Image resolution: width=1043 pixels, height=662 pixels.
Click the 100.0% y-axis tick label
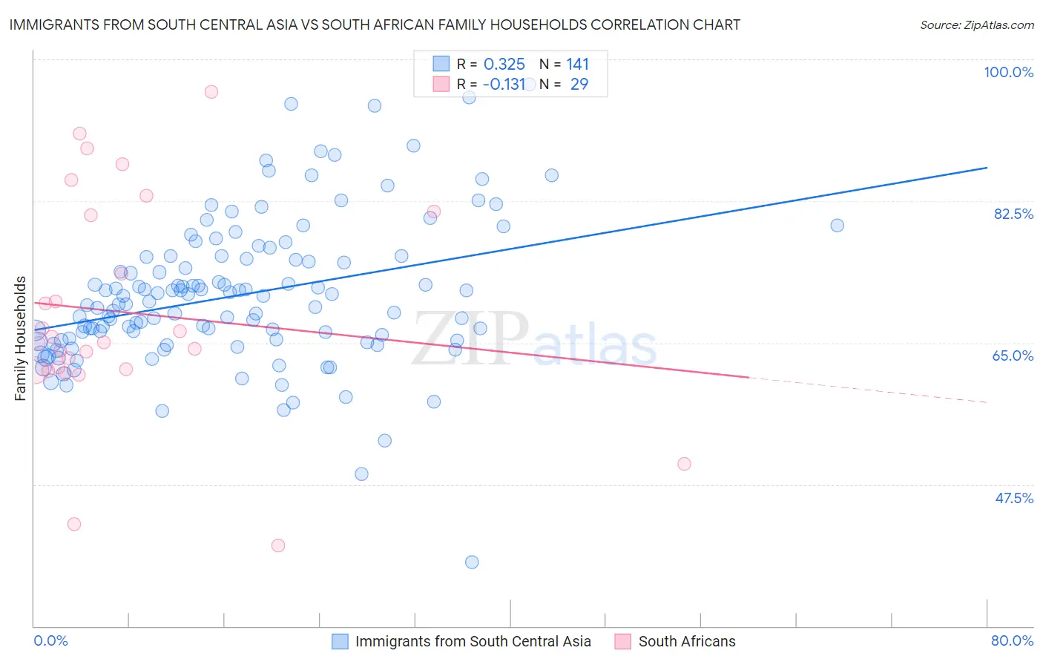[1008, 72]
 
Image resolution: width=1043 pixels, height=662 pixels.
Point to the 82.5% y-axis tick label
[1013, 214]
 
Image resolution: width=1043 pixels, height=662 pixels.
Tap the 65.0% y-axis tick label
[1013, 355]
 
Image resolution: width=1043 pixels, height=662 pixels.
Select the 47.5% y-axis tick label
[1014, 498]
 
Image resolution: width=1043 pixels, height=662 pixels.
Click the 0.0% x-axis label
[50, 640]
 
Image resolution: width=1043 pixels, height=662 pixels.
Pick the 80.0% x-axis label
[1012, 640]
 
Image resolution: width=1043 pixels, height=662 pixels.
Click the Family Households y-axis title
[21, 338]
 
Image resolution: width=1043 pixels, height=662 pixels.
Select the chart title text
[375, 24]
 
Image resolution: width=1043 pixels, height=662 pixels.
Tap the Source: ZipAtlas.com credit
[976, 25]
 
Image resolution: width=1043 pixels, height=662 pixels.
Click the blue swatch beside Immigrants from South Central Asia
[340, 641]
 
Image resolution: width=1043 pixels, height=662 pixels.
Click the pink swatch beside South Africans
[623, 641]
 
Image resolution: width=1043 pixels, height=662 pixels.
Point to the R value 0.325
[504, 65]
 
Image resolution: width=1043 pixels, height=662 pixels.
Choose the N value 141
[577, 65]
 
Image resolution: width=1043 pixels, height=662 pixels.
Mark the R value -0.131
[504, 85]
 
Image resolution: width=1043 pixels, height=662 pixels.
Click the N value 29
[579, 85]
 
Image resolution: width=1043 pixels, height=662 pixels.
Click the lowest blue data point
[472, 562]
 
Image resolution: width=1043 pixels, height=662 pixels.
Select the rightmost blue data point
[837, 226]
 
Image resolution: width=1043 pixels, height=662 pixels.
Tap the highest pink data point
[211, 92]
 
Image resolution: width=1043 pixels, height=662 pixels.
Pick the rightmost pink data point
[684, 464]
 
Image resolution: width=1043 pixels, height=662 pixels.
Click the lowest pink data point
[278, 545]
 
